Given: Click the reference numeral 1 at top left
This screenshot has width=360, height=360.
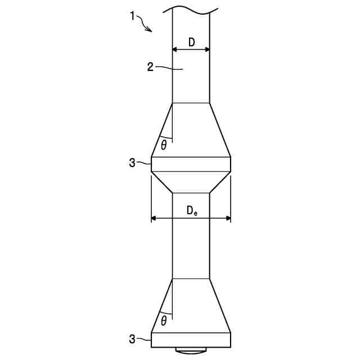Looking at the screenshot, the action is [132, 16].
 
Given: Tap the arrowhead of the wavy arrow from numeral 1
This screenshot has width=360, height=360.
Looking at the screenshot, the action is [150, 30].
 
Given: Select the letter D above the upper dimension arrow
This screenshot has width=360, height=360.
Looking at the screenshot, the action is [191, 42].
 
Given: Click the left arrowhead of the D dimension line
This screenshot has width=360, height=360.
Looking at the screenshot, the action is [174, 49].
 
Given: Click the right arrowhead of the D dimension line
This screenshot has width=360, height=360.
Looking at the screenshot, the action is [208, 49].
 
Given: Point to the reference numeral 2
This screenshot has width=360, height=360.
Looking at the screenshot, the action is [150, 67].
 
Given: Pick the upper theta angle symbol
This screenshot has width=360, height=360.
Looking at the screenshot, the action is [164, 145].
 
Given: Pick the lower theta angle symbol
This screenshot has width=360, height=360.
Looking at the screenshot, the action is [164, 321].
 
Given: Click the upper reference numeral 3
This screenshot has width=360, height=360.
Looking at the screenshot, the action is [132, 163].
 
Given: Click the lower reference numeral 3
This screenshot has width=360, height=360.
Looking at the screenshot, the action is [132, 339].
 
